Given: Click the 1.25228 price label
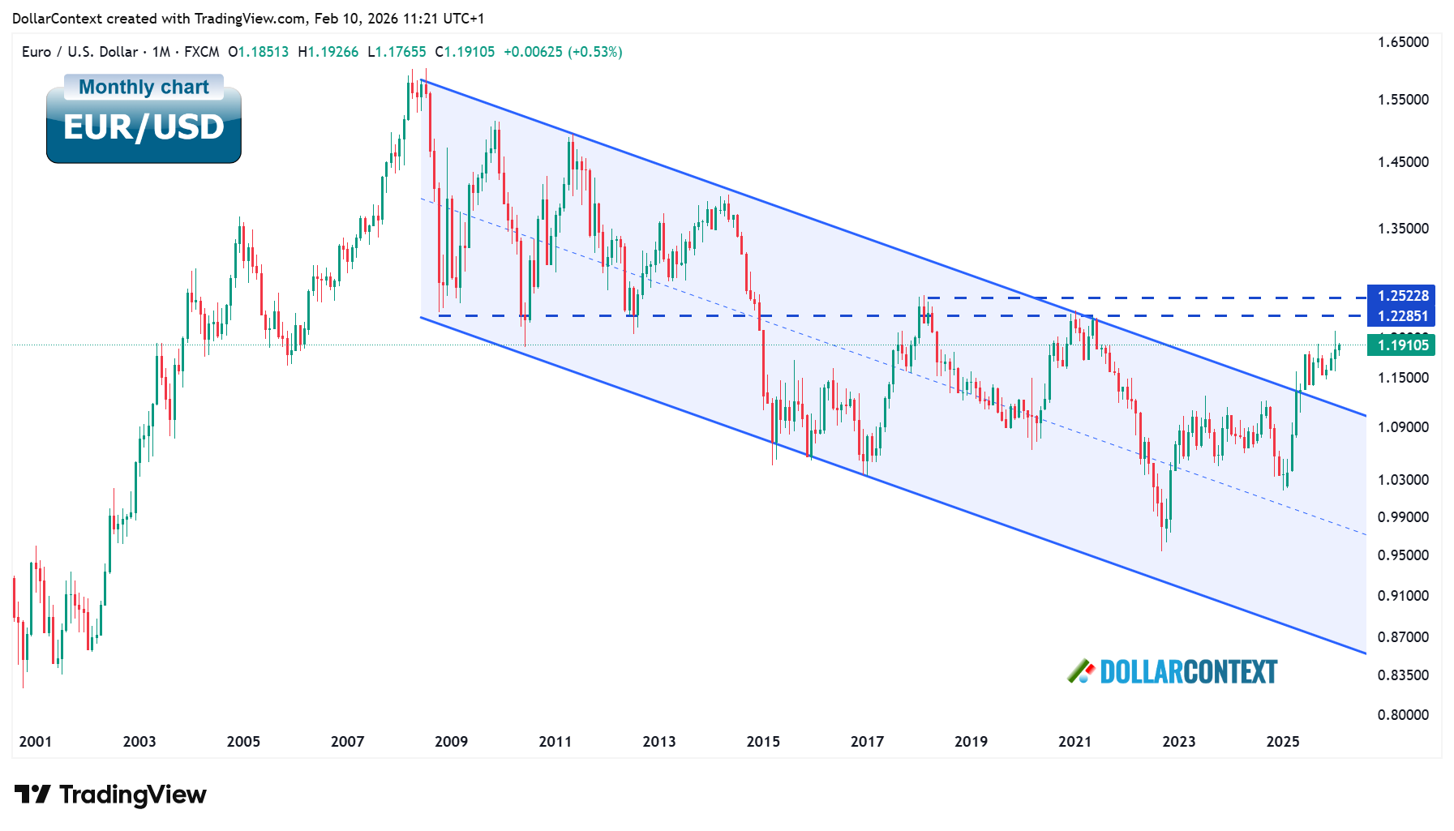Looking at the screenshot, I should [1402, 296].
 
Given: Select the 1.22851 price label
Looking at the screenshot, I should [1402, 316].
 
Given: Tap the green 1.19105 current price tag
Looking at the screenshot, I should [1402, 345].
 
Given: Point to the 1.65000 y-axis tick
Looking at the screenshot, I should [1403, 42].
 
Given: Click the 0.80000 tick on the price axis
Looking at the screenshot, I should [1403, 715].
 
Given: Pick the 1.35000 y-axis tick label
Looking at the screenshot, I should [1403, 229].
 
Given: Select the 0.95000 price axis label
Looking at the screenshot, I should [1403, 555].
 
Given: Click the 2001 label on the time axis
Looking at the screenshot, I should [35, 742].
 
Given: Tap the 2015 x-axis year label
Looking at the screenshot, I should [763, 742].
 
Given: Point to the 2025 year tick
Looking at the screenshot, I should [1283, 742].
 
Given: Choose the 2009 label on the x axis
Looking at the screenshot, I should [451, 742].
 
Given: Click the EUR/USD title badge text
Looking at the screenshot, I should [144, 127].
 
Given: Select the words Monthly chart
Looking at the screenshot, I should [144, 87].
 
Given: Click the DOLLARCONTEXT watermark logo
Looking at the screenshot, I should [1173, 672].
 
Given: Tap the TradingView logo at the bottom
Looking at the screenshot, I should [111, 795].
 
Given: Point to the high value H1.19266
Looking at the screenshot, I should [328, 52].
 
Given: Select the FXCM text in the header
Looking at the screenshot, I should [201, 52].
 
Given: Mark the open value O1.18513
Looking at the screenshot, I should [258, 52].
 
